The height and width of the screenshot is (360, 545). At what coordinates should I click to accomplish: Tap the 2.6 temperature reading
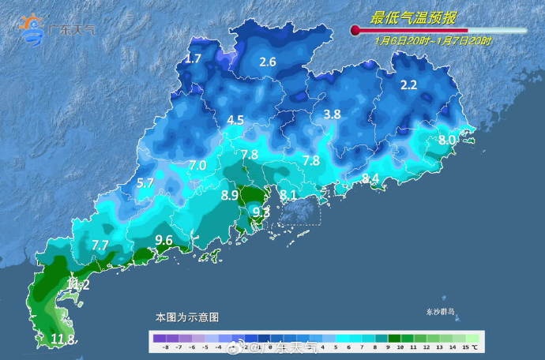point(268,62)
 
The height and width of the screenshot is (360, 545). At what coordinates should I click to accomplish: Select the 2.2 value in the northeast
point(408,85)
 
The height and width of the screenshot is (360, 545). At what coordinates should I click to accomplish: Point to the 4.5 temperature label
point(235,121)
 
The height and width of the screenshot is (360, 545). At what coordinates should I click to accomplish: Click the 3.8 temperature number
point(333,114)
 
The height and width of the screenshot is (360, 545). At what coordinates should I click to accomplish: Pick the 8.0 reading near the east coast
point(447,140)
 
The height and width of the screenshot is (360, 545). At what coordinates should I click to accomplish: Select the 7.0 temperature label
point(197,165)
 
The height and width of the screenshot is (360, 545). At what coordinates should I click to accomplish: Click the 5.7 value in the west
point(145,183)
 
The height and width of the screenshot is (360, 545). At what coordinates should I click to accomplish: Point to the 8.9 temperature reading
point(231,194)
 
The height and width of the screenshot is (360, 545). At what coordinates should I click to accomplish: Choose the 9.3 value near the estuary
point(261,212)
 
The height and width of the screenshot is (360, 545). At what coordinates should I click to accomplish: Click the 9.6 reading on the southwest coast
point(163,240)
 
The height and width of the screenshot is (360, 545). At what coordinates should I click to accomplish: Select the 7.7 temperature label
point(100,246)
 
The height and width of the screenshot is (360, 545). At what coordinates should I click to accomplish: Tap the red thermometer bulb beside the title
point(355,31)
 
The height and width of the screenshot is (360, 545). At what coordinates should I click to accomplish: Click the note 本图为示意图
point(186,317)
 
